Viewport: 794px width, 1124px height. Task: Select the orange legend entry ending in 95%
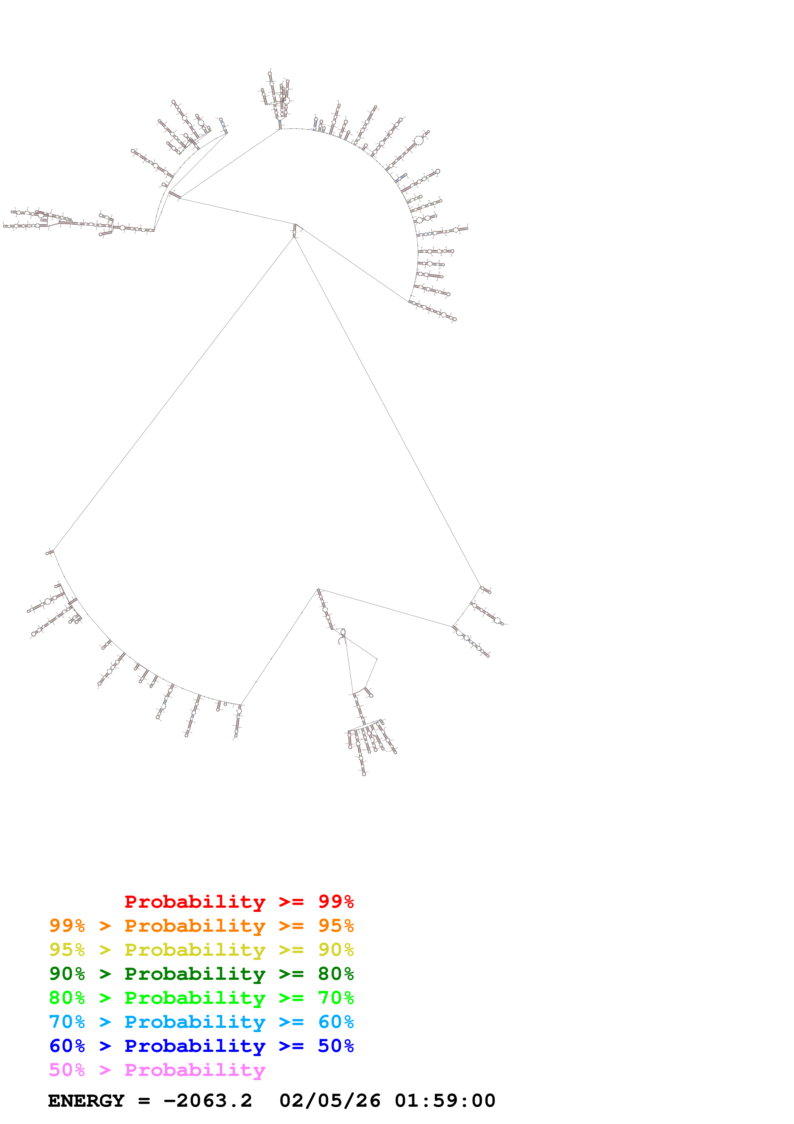click(201, 926)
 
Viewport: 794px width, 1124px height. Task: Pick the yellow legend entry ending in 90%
click(201, 950)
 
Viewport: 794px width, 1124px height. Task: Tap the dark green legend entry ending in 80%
click(201, 974)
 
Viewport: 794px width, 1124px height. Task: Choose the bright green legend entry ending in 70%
click(201, 998)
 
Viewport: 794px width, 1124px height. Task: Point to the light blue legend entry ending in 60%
click(201, 1022)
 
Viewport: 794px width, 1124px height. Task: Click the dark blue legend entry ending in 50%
click(201, 1046)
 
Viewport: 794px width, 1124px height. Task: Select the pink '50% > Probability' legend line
click(157, 1070)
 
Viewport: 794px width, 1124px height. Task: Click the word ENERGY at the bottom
click(86, 1101)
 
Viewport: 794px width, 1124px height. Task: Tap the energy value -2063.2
click(208, 1101)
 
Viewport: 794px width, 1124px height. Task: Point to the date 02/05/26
click(330, 1101)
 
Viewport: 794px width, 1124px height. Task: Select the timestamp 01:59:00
click(445, 1101)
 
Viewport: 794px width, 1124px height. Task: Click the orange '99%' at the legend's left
click(67, 926)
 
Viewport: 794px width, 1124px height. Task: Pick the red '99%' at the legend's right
click(336, 902)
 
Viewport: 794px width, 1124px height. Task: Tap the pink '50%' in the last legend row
click(67, 1070)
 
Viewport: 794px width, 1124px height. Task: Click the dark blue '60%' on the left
click(67, 1046)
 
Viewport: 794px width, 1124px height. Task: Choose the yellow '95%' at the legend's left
click(67, 950)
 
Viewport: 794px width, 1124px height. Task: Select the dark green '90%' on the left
click(67, 974)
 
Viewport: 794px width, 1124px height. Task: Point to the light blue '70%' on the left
click(67, 1022)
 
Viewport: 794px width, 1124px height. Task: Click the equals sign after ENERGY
click(144, 1101)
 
